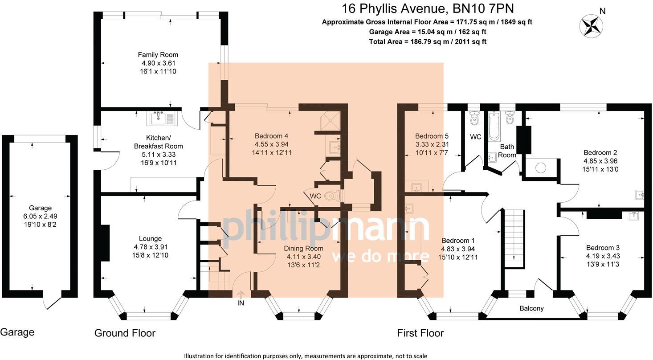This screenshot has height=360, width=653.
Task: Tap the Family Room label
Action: (x=158, y=55)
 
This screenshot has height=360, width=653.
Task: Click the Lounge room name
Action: (x=150, y=239)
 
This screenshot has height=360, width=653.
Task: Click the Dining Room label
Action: (x=305, y=248)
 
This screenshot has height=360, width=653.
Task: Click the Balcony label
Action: (x=531, y=308)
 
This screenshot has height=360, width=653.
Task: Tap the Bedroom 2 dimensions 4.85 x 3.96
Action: (x=600, y=161)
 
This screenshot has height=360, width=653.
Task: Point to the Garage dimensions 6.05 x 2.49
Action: (x=40, y=216)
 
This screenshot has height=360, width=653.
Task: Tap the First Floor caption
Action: (x=420, y=333)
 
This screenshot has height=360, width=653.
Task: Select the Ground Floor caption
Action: (x=125, y=333)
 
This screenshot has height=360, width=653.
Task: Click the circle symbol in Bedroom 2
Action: (x=540, y=168)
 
